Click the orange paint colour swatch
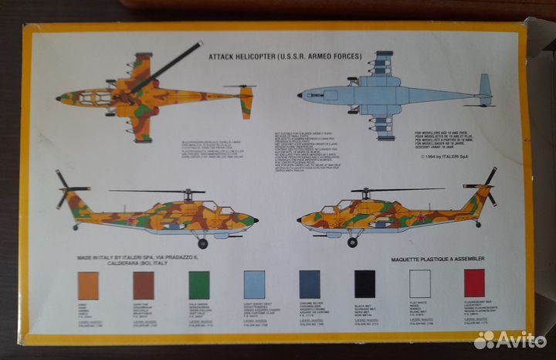(x=88, y=285)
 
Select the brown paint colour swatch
(x=144, y=285)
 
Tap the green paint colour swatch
(x=199, y=285)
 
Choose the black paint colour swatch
(x=364, y=284)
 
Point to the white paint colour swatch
(x=420, y=284)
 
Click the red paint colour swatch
(x=475, y=284)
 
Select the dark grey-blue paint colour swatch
(x=310, y=284)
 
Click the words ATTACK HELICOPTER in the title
(x=240, y=56)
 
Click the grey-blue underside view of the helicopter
(x=386, y=96)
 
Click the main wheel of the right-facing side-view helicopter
(x=202, y=243)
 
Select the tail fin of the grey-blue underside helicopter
(x=484, y=90)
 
